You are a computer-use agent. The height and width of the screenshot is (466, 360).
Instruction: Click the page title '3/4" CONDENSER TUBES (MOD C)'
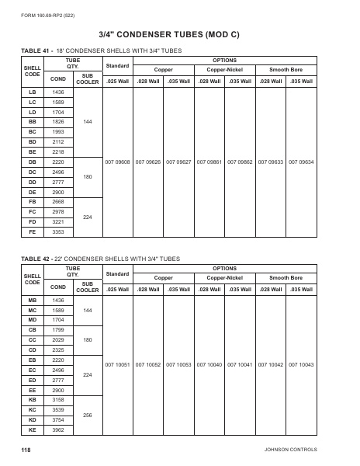179,35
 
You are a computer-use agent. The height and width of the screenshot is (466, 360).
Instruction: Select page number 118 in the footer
26,450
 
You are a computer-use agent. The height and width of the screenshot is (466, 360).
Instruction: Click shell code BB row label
33,122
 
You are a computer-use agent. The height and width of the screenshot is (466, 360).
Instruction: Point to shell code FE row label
33,231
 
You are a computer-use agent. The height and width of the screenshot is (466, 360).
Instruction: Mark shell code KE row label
33,429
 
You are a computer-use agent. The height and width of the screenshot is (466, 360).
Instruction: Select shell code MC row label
33,309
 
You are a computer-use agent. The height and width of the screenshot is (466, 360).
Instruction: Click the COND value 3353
58,231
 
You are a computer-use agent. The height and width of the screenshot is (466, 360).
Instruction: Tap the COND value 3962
58,429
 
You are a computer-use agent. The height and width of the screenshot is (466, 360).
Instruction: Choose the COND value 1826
58,122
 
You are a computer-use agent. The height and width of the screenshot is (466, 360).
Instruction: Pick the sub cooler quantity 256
88,414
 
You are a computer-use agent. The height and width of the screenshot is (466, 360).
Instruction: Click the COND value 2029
58,339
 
